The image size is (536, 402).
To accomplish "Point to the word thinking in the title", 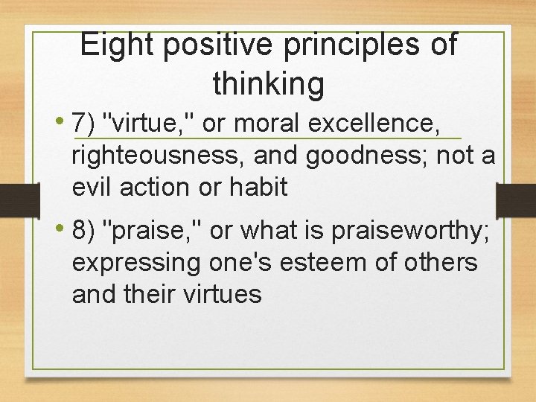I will point(268,83).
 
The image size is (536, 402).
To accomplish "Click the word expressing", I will point(135,262).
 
